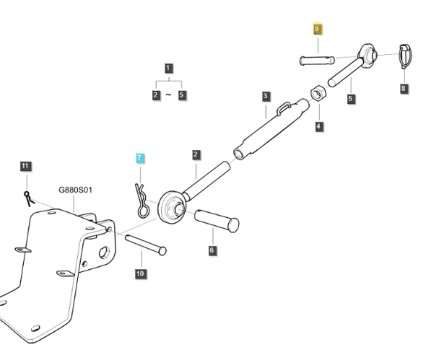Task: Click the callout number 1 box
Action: click(x=169, y=69)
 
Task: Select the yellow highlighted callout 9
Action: click(x=318, y=29)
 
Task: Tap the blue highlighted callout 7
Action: click(x=140, y=157)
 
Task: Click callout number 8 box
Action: click(x=404, y=88)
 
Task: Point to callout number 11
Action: click(x=25, y=167)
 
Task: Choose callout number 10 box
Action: click(x=140, y=273)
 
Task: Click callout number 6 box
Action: click(x=212, y=250)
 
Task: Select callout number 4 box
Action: click(x=318, y=126)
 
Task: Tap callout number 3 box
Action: click(x=266, y=96)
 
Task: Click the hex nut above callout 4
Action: click(x=318, y=94)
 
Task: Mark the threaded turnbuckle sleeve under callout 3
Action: click(x=271, y=130)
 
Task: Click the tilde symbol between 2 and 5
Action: click(x=168, y=95)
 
